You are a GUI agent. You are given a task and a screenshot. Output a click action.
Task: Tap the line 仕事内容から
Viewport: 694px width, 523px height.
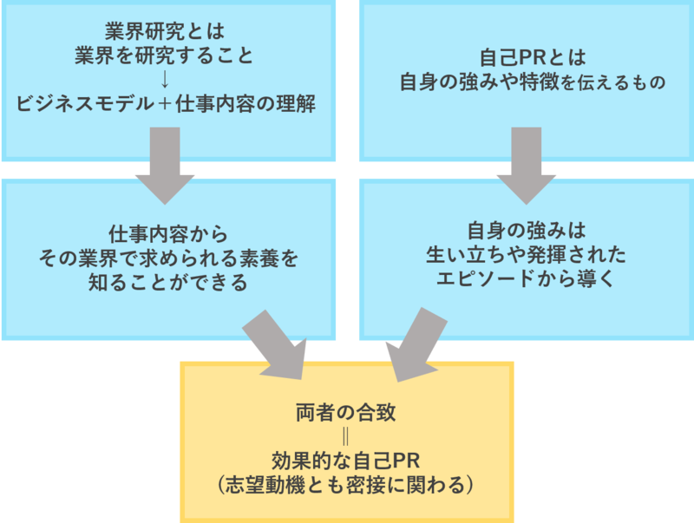[x=167, y=234]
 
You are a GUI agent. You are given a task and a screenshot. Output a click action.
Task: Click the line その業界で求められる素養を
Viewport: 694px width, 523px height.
[x=167, y=258]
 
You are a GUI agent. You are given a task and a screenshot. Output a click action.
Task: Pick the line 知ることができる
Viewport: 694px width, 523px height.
[x=167, y=282]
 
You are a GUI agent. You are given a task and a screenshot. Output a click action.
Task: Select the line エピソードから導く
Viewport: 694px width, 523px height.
[x=527, y=279]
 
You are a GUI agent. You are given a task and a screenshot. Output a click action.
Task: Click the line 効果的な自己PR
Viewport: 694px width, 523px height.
[x=346, y=459]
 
